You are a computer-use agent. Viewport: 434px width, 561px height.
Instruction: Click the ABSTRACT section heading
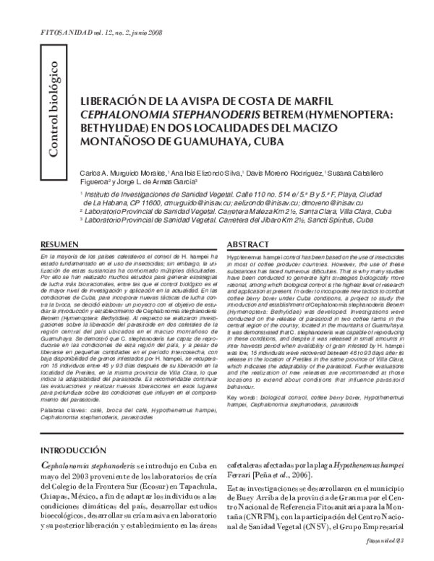pos(249,246)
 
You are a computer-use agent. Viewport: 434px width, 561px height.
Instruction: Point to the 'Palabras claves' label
pos(61,410)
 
